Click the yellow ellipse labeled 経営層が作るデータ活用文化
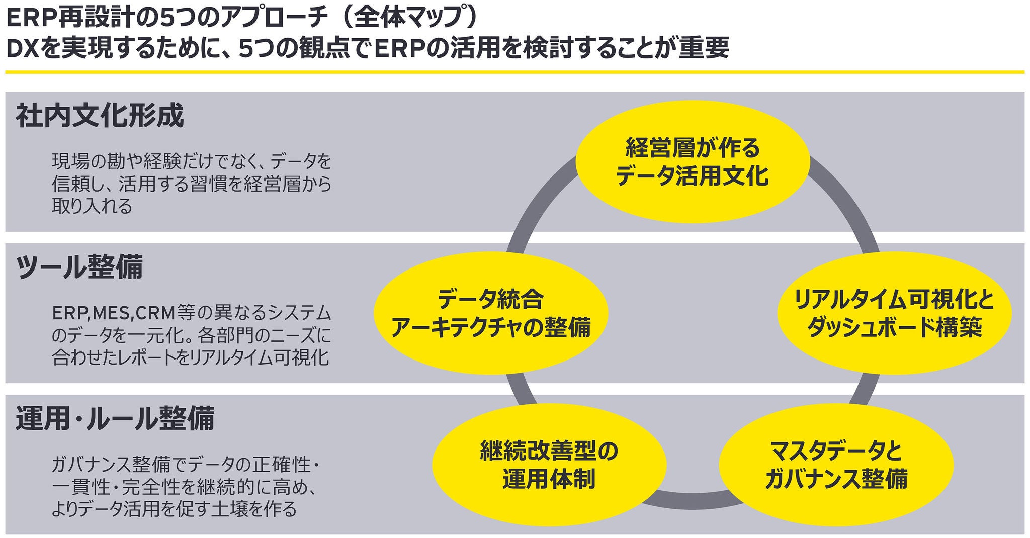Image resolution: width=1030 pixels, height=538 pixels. [692, 162]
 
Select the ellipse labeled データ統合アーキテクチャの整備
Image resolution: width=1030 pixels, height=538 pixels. [491, 313]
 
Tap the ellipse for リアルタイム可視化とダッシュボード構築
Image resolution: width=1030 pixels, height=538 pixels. [894, 313]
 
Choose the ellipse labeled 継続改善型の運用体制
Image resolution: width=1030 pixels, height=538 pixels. [549, 464]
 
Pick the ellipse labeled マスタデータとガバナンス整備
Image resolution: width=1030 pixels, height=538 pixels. [836, 464]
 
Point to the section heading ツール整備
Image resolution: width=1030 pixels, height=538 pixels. [79, 267]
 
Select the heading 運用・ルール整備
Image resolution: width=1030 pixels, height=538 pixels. [115, 419]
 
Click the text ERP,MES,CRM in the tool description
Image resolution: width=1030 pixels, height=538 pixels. [113, 313]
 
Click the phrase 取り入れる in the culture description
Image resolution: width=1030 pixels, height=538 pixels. [92, 206]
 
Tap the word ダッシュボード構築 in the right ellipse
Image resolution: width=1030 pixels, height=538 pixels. [894, 328]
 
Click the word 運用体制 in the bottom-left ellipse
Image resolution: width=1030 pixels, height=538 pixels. [549, 479]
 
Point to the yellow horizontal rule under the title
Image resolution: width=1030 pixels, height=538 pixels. [515, 72]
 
